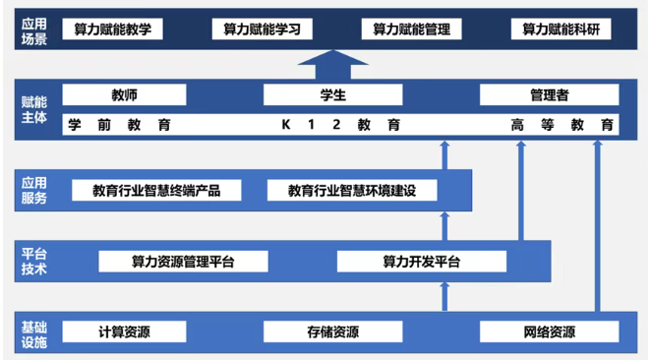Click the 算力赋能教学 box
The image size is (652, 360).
[112, 30]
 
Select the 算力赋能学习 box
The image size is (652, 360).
[263, 30]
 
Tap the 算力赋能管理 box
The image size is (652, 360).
[411, 30]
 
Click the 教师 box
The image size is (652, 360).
[124, 95]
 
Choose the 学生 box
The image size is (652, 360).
[333, 95]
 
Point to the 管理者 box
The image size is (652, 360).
[549, 95]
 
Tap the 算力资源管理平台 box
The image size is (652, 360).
[184, 262]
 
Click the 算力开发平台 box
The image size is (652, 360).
[421, 262]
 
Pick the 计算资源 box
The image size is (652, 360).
[124, 331]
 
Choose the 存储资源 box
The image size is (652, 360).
[332, 331]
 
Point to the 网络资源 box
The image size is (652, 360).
[549, 331]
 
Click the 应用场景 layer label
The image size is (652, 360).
[32, 30]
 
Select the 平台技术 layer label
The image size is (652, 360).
[32, 262]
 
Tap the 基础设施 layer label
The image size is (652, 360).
[32, 331]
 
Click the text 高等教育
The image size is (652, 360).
[563, 125]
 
